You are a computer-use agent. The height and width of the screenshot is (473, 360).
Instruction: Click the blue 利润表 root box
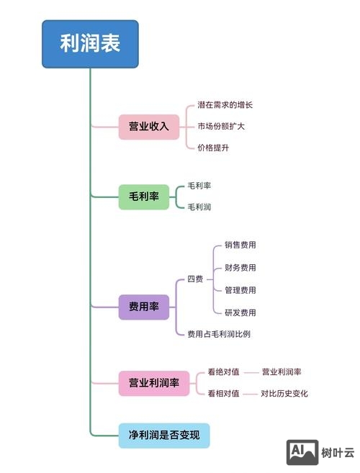pos(89,44)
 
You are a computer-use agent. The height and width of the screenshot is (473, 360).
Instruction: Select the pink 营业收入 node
pos(148,127)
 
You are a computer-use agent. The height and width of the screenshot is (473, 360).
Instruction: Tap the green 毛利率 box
pos(143,196)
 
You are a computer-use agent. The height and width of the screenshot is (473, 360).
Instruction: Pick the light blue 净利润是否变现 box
pos(163,436)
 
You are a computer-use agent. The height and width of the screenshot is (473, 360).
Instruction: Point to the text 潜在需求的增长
pos(225,105)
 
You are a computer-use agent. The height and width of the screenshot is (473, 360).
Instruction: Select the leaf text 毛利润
pos(199,207)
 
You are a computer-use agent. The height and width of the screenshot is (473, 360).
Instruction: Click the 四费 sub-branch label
pos(195,279)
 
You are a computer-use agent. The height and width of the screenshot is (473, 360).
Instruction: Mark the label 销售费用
pos(240,245)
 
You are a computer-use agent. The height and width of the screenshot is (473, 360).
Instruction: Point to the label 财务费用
pos(240,268)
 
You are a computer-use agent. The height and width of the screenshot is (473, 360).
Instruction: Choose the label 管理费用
pos(240,290)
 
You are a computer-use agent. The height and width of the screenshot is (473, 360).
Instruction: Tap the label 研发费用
pos(240,312)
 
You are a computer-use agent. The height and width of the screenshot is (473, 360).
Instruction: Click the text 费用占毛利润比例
pos(219,334)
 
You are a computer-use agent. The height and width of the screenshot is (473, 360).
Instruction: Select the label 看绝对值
pos(223,372)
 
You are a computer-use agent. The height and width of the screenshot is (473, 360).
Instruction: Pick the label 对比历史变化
pos(284,394)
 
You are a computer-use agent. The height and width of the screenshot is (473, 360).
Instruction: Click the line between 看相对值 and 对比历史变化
pos(250,394)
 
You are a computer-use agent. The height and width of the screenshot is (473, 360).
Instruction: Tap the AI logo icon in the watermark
pos(302,452)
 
